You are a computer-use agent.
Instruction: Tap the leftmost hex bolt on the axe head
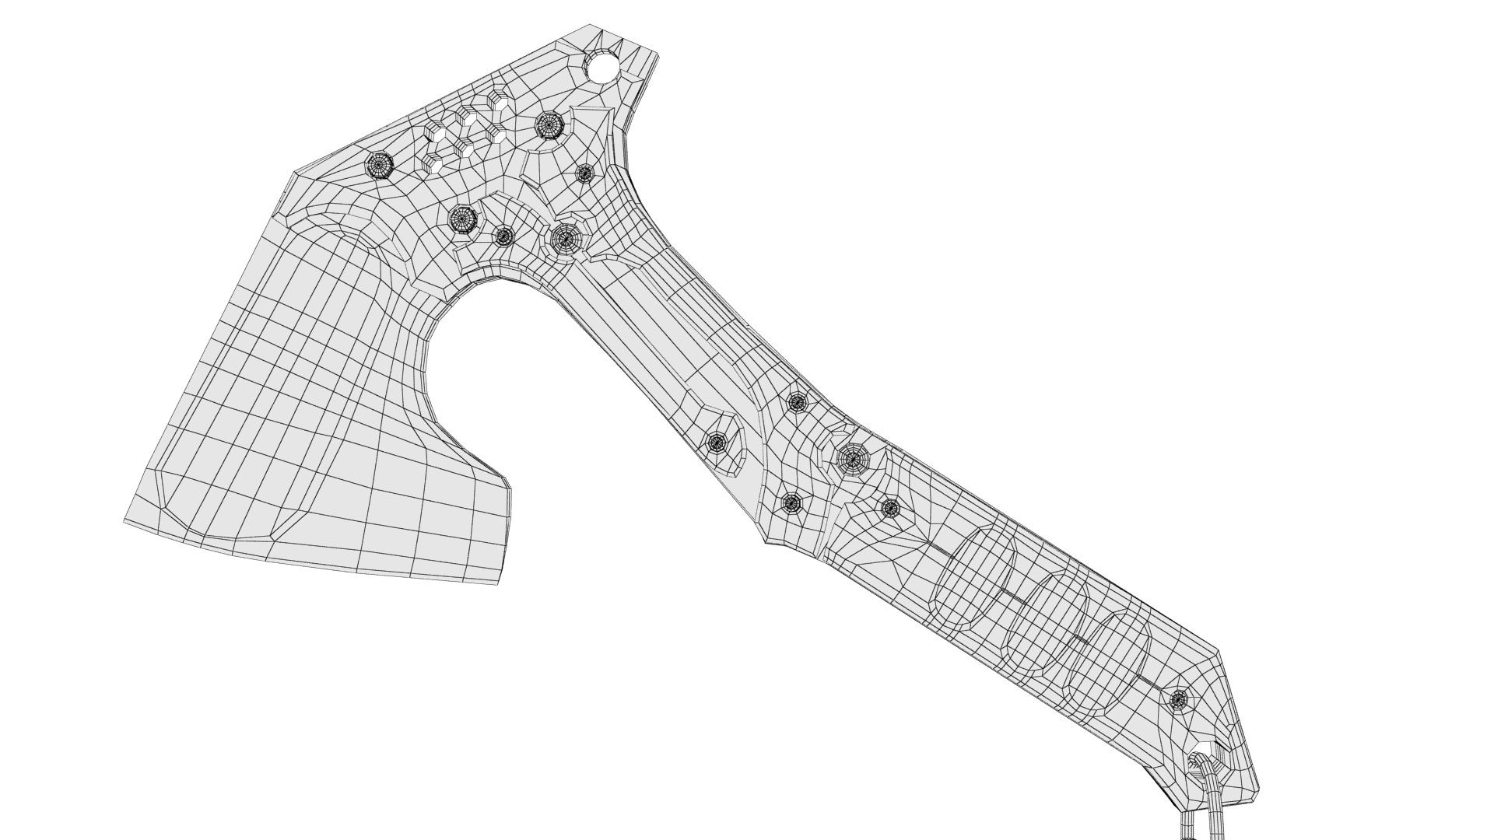pyautogui.click(x=380, y=164)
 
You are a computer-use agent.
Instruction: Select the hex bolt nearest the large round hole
pyautogui.click(x=549, y=124)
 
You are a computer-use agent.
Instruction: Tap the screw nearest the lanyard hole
pyautogui.click(x=1179, y=698)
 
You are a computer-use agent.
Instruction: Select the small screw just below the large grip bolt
pyautogui.click(x=890, y=509)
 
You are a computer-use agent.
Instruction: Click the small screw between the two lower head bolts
pyautogui.click(x=503, y=235)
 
